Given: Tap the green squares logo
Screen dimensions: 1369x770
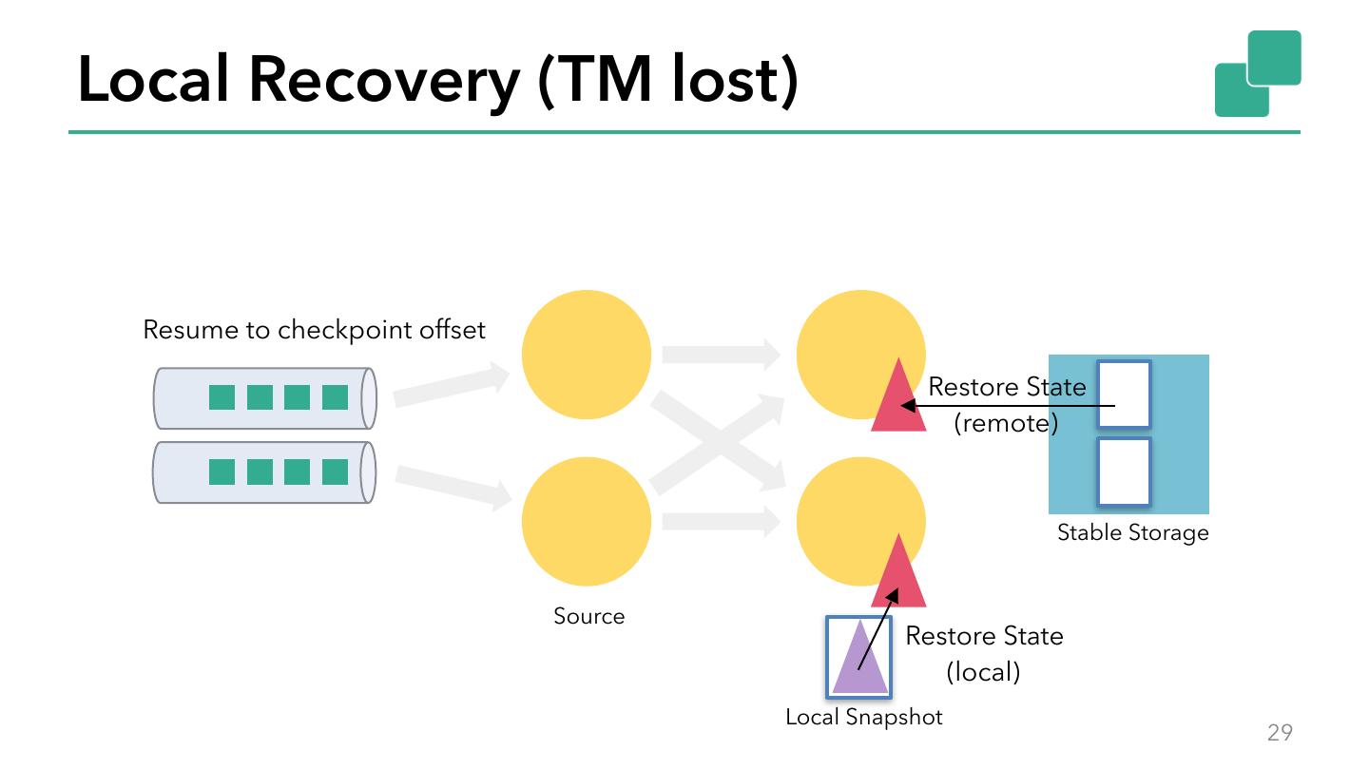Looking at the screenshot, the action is coord(1258,73).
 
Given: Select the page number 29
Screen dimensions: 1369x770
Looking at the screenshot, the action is coord(1280,732).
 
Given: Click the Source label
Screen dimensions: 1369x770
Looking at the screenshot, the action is coord(588,616).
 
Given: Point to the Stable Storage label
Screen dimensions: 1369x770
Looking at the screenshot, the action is coord(1132,533).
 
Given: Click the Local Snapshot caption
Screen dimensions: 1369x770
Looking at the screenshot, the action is coord(863,718).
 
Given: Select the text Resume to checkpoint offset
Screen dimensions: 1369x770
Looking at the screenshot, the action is coord(314,330).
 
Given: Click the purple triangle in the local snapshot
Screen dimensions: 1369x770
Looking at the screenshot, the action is coord(859,656).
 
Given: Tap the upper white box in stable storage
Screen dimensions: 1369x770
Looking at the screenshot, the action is coord(1124,394).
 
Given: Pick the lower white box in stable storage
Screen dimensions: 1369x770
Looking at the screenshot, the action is coord(1124,472).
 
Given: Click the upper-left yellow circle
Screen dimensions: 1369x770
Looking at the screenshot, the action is coord(586,355).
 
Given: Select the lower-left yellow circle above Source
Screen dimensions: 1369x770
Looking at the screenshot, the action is coord(586,521).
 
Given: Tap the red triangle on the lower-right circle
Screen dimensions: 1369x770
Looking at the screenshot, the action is coord(898,570).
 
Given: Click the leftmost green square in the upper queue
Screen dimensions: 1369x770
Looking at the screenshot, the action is coord(222,397).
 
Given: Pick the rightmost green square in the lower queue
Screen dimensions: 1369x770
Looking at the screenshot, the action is coord(335,472).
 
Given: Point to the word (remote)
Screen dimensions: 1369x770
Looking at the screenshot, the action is coord(1006,424).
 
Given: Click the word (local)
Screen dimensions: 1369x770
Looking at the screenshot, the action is coord(983,672).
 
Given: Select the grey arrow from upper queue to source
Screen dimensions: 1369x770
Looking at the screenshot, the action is coord(451,384).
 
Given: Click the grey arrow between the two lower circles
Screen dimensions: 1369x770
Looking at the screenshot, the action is coord(722,521).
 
